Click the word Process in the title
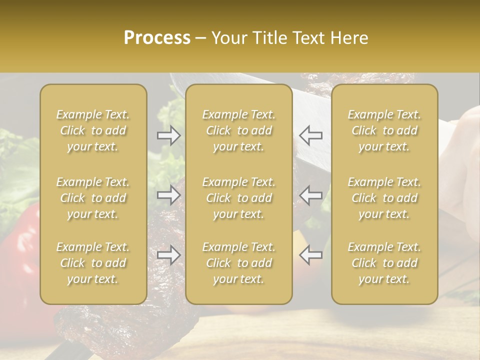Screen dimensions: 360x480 [157, 38]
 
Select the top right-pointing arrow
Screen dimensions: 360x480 [169, 135]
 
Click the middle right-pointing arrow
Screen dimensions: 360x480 [169, 195]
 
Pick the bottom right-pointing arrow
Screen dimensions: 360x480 [169, 255]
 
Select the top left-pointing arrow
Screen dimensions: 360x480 [311, 135]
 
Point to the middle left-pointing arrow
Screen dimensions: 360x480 [311, 195]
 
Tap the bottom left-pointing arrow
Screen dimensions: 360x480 [311, 255]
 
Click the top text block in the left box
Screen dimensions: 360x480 [93, 130]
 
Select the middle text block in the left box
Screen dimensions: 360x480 [93, 198]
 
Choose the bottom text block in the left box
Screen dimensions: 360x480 [93, 263]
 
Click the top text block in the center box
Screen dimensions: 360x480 [239, 130]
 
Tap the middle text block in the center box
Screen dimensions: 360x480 [239, 198]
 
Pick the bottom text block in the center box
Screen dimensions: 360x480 [239, 263]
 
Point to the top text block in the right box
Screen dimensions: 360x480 [384, 130]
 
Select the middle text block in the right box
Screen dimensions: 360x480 [384, 198]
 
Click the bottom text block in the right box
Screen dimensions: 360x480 [384, 263]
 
